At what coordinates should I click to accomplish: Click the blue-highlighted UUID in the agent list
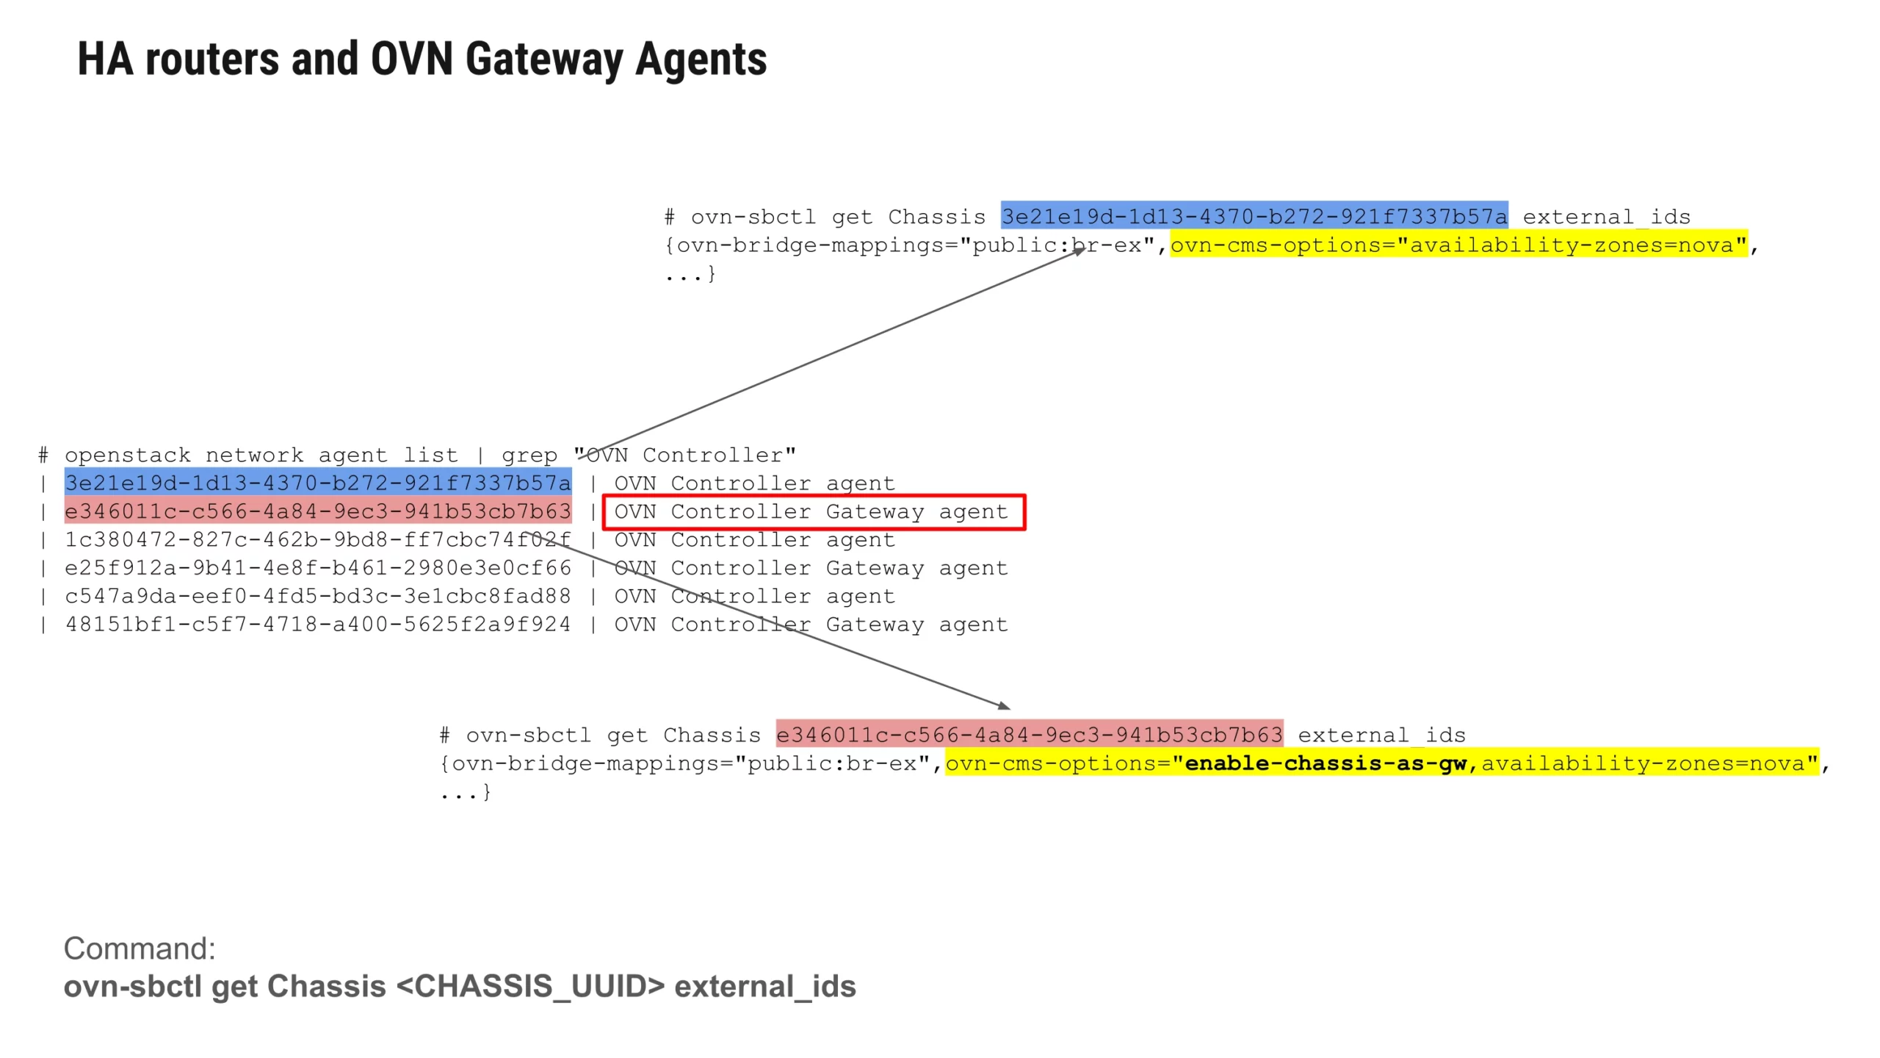click(317, 483)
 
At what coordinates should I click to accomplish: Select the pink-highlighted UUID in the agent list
click(317, 511)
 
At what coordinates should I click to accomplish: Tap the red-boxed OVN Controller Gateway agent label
click(813, 511)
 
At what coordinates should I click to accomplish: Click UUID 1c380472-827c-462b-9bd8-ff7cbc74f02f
click(317, 540)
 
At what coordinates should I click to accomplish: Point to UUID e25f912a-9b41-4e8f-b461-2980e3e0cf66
click(317, 568)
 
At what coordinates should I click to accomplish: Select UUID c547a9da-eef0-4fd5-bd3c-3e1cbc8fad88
click(317, 596)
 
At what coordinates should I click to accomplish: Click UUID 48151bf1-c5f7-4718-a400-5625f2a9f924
click(317, 625)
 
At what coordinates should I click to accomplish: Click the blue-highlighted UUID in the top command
click(1254, 217)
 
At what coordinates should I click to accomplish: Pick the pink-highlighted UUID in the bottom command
click(1029, 735)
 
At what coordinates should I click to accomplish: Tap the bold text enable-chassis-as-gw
click(1326, 763)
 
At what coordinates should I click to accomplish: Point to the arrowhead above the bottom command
click(1004, 705)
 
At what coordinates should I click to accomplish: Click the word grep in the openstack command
click(529, 456)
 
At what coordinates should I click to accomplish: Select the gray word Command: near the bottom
click(140, 949)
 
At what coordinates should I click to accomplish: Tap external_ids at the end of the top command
click(1606, 217)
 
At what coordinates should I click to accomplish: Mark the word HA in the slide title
click(106, 60)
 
